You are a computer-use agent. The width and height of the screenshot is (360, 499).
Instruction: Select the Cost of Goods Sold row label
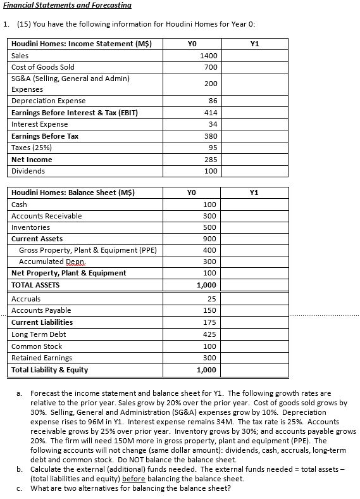click(43, 67)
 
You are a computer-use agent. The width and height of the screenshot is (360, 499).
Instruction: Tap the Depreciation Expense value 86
click(211, 101)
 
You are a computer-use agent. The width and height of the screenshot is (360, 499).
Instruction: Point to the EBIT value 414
click(210, 112)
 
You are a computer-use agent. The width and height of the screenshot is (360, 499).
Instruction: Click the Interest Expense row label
click(40, 124)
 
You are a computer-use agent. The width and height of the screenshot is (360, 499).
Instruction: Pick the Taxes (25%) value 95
click(211, 148)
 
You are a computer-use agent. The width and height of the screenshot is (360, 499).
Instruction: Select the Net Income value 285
click(210, 160)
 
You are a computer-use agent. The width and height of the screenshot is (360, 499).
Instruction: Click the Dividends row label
click(28, 171)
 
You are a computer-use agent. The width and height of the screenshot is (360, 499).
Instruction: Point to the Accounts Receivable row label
click(47, 216)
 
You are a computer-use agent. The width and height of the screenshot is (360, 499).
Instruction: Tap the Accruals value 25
click(211, 299)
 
